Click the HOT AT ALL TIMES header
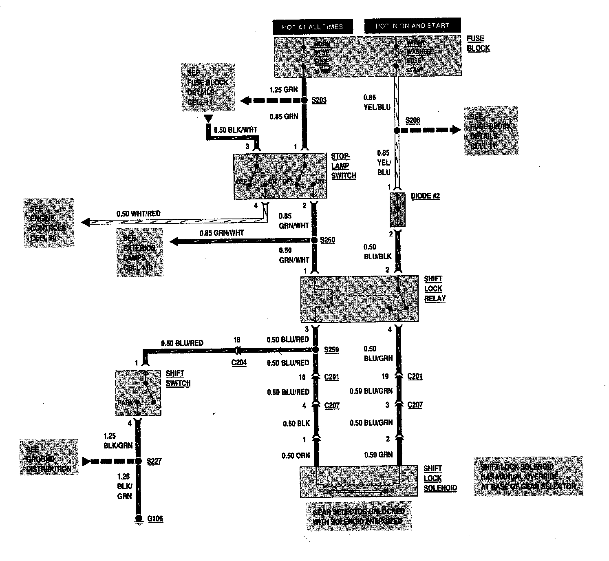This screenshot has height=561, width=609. pyautogui.click(x=312, y=27)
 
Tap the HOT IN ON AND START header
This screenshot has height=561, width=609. pyautogui.click(x=412, y=26)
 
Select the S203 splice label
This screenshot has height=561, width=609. pyautogui.click(x=319, y=100)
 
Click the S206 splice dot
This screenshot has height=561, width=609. pyautogui.click(x=397, y=130)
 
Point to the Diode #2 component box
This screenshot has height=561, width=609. pyautogui.click(x=397, y=210)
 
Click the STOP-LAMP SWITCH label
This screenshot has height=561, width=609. pyautogui.click(x=343, y=166)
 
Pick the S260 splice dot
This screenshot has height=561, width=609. pyautogui.click(x=314, y=241)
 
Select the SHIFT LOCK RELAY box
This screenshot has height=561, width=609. pyautogui.click(x=359, y=299)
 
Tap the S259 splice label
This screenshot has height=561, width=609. pyautogui.click(x=331, y=350)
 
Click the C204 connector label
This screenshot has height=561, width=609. pyautogui.click(x=239, y=362)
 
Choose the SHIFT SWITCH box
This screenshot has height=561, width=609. pyautogui.click(x=138, y=393)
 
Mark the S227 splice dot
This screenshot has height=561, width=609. pyautogui.click(x=138, y=461)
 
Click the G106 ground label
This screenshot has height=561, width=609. pyautogui.click(x=155, y=519)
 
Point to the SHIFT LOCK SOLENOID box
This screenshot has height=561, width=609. pyautogui.click(x=358, y=481)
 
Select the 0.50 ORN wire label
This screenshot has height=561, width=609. pyautogui.click(x=296, y=455)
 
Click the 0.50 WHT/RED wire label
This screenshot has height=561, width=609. pyautogui.click(x=139, y=214)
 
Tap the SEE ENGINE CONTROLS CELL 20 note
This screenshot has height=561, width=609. pyautogui.click(x=49, y=223)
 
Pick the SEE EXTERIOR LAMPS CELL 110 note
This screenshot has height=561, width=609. pyautogui.click(x=139, y=253)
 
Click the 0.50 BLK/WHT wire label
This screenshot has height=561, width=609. pyautogui.click(x=236, y=130)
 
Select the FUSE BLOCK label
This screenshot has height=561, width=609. pyautogui.click(x=478, y=44)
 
